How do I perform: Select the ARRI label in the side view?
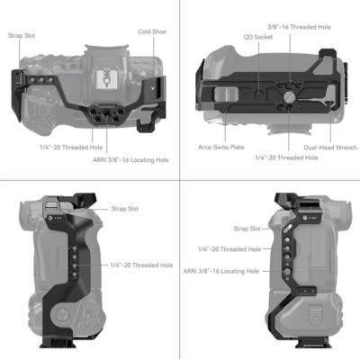click(x=221, y=270)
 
